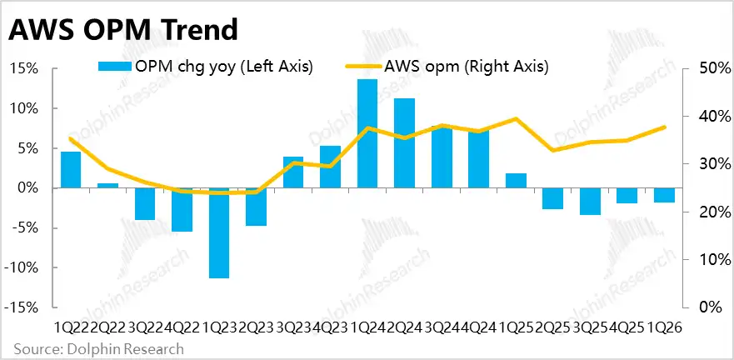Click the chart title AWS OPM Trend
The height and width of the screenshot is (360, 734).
(123, 29)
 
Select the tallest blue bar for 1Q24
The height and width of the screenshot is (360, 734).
(367, 134)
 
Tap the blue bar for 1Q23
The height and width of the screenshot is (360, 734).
(219, 233)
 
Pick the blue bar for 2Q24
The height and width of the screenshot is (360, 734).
(404, 143)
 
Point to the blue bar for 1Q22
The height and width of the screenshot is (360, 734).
(71, 170)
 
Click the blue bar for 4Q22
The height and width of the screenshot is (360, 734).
(182, 210)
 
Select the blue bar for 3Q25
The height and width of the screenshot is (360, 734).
(590, 202)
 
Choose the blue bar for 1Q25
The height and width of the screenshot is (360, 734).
(516, 181)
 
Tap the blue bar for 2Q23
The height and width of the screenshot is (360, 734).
(256, 207)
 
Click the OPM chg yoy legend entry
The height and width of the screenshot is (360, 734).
(205, 67)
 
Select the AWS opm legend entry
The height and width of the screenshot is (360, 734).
(447, 67)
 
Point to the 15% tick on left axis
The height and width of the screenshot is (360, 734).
(23, 69)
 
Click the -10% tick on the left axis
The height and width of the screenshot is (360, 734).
(21, 268)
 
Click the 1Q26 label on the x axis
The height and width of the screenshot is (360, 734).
(665, 327)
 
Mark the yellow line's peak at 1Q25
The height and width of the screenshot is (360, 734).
(516, 118)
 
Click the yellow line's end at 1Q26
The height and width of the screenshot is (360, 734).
(665, 127)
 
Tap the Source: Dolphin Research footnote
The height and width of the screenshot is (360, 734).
(99, 349)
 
